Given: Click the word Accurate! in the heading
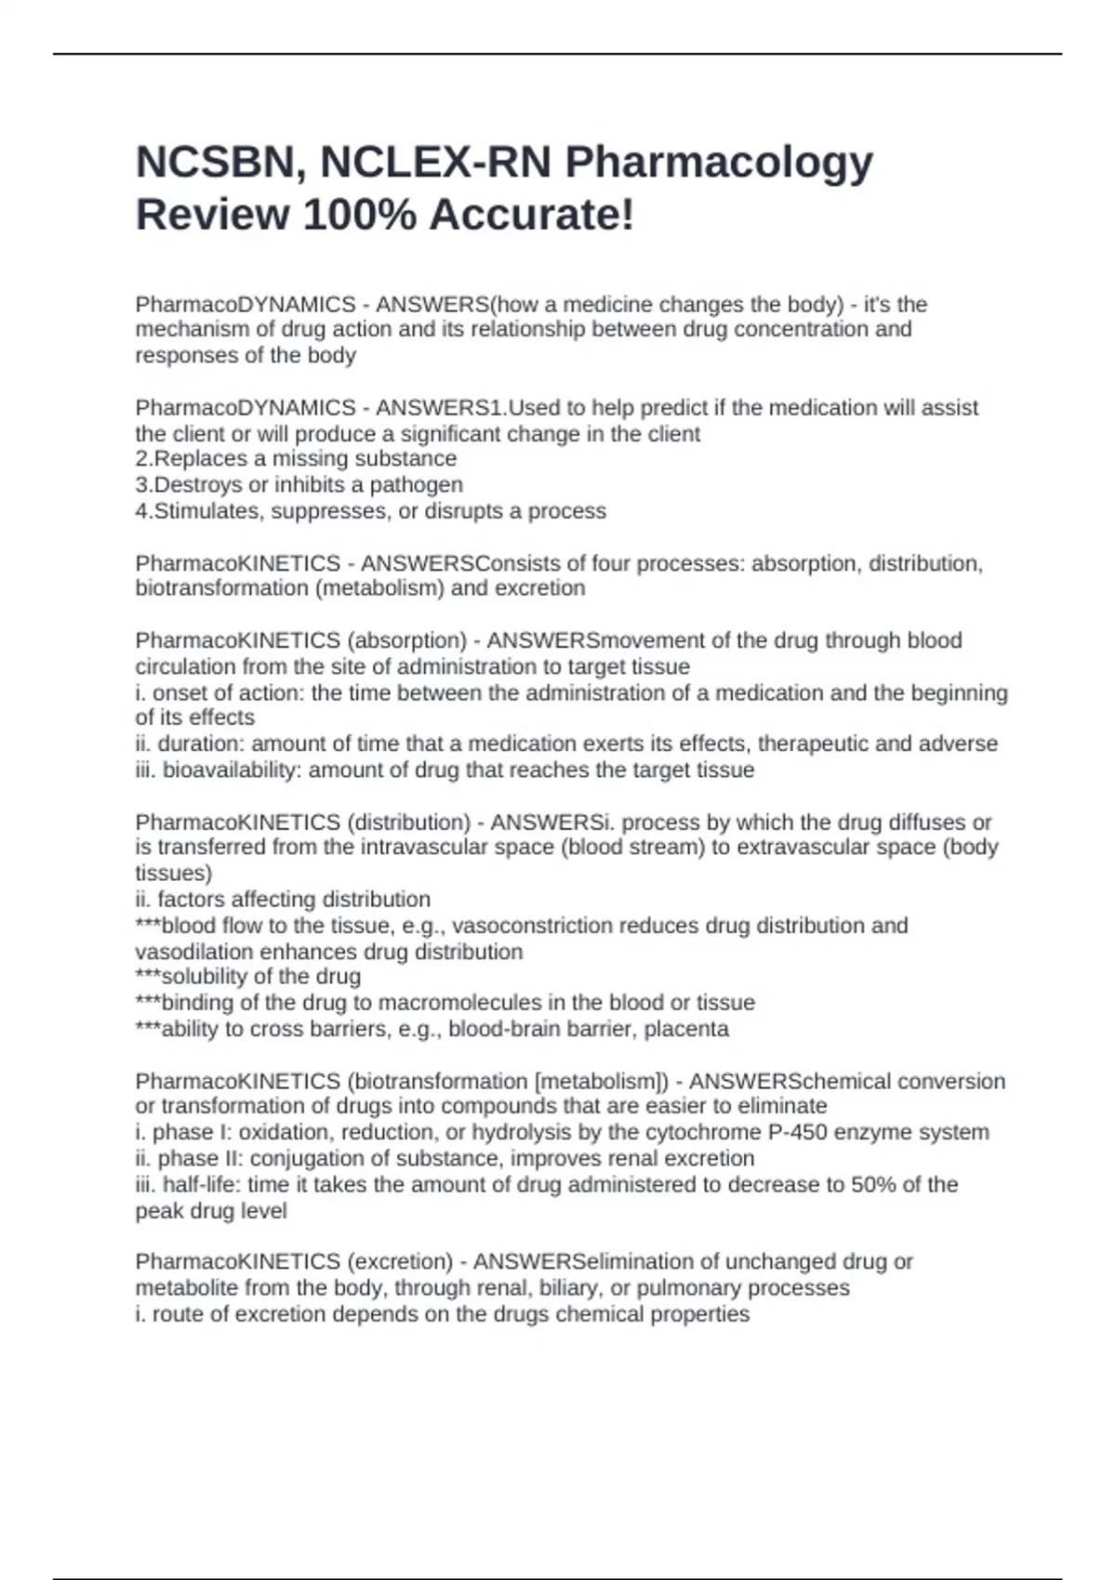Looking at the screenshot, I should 532,216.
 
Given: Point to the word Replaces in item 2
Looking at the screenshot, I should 196,459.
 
